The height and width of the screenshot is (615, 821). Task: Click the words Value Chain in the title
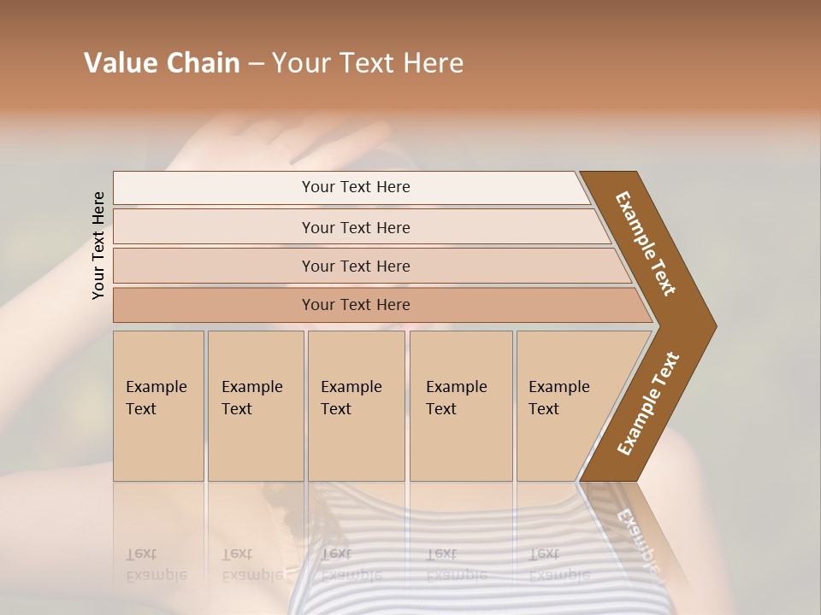point(162,63)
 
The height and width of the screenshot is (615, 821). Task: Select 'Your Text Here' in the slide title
point(368,63)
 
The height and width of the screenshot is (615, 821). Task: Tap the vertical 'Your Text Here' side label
point(98,245)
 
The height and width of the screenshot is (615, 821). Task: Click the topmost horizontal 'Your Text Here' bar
point(355,187)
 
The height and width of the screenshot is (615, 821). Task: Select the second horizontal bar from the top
point(355,227)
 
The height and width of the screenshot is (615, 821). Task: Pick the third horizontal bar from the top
point(355,266)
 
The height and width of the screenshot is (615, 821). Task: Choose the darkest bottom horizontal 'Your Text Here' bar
point(355,305)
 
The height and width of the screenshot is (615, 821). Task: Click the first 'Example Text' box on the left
point(158,406)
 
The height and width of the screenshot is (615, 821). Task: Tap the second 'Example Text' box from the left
point(255,406)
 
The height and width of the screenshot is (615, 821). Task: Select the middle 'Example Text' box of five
point(356,406)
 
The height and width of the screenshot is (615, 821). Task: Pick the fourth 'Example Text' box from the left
point(461,406)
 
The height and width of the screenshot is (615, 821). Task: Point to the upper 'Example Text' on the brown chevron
point(646,243)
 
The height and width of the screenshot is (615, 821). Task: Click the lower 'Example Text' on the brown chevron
point(648,403)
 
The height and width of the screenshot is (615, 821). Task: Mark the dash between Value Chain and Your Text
point(256,64)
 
